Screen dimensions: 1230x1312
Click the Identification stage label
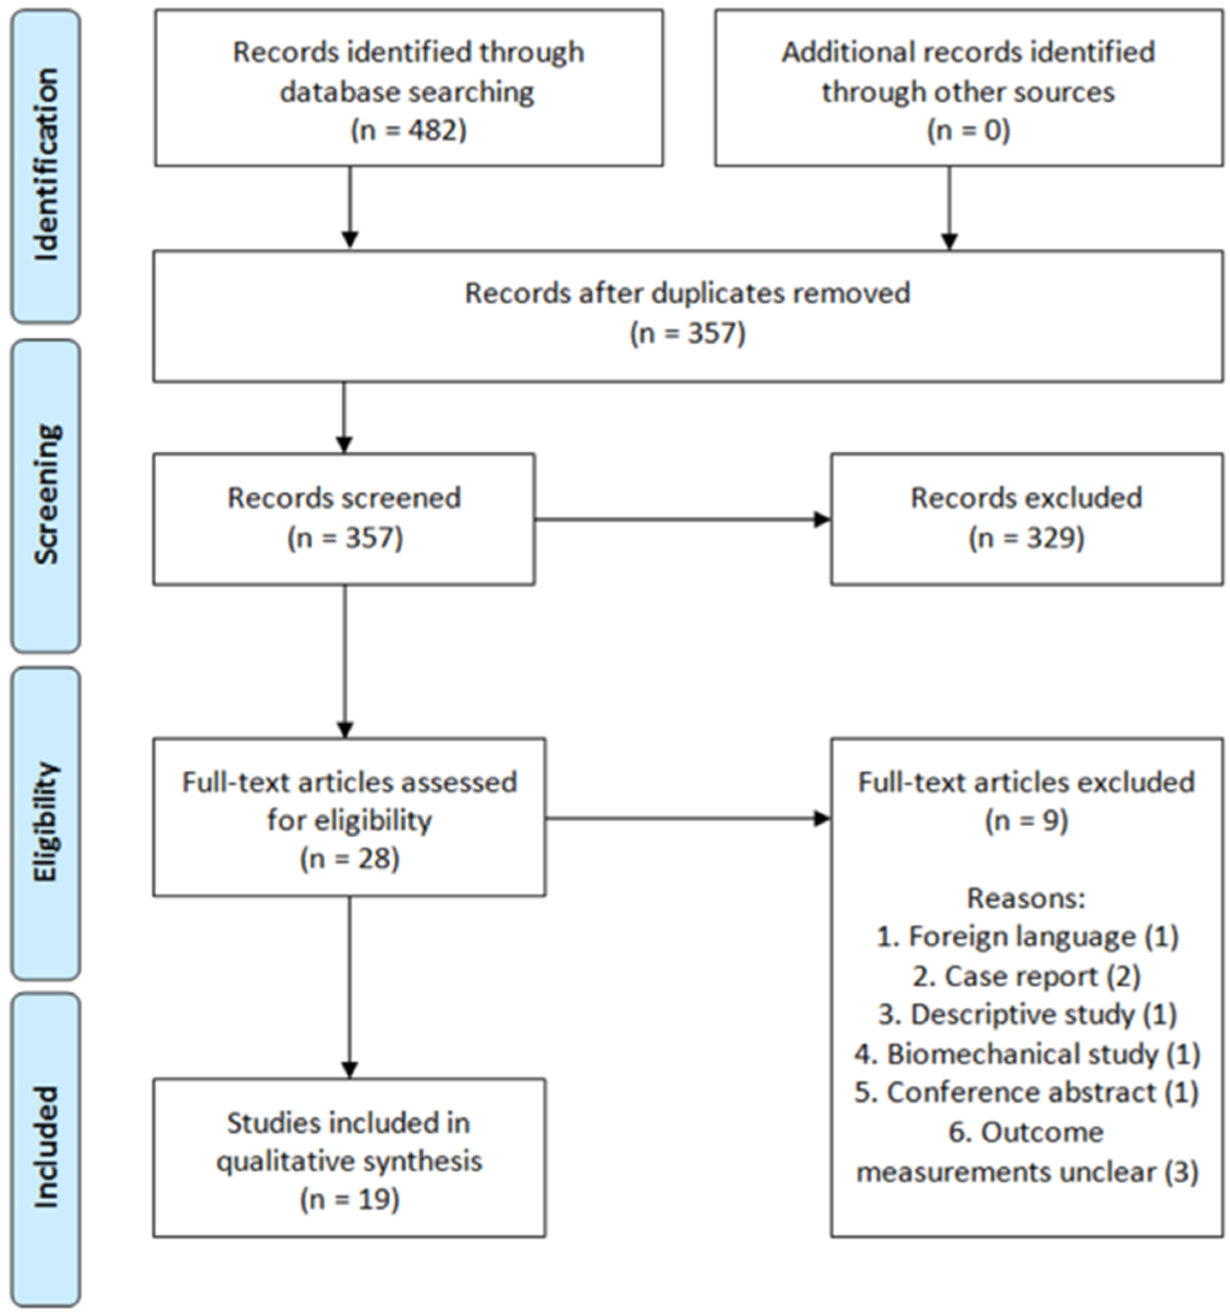(x=46, y=165)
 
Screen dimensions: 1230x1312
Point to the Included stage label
(x=46, y=1149)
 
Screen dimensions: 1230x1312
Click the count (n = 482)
(x=408, y=130)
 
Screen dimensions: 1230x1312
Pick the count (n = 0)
(x=968, y=130)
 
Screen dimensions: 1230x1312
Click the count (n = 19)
(x=350, y=1199)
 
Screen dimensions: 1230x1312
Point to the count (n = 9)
(x=1026, y=820)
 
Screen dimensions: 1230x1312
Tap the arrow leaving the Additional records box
(x=949, y=208)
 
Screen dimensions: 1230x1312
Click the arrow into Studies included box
(x=350, y=987)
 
